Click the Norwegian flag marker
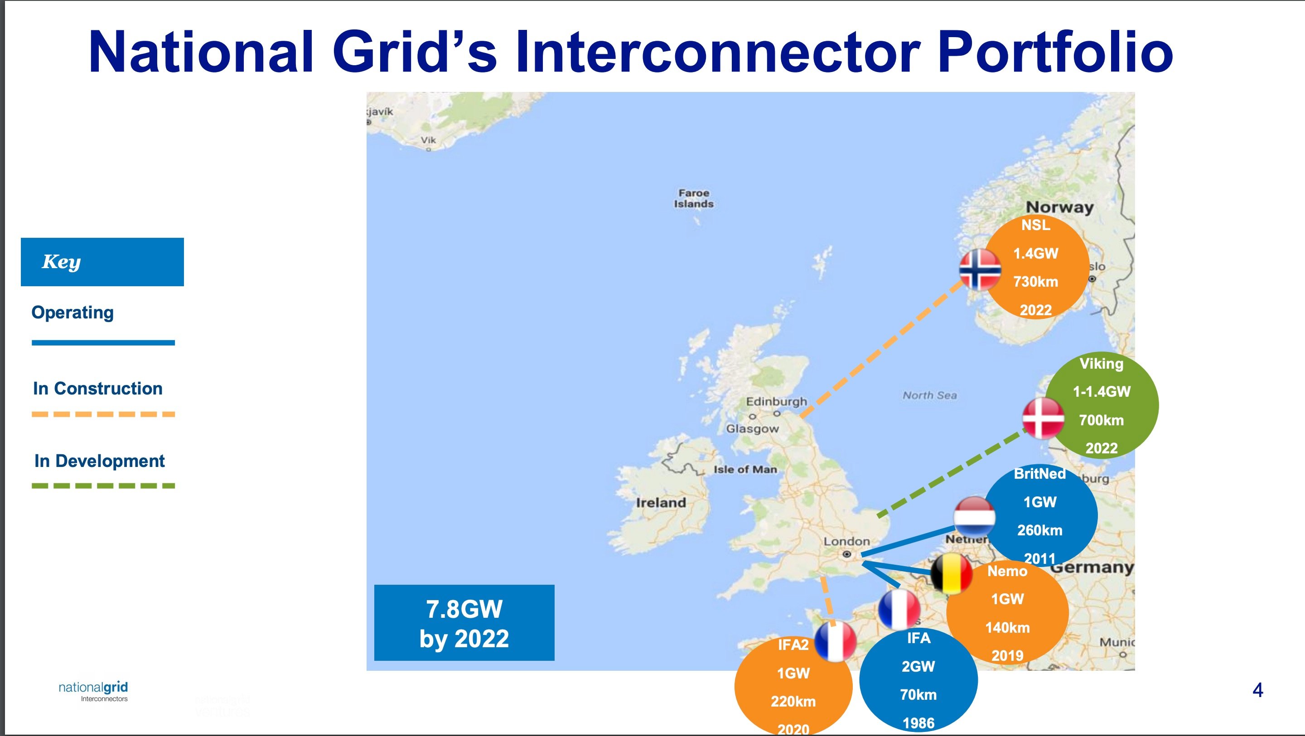[x=980, y=269]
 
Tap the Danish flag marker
[x=1043, y=419]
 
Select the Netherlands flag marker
[x=974, y=517]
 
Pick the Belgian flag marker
[x=952, y=573]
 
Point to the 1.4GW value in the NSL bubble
[x=1035, y=253]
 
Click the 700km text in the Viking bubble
[x=1102, y=420]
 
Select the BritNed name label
[x=1039, y=474]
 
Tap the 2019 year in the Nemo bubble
[x=1007, y=655]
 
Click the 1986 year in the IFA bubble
[x=918, y=723]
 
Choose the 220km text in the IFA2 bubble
[x=793, y=701]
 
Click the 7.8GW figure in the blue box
[x=464, y=609]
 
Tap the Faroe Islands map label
[x=694, y=198]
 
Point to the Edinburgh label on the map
[x=776, y=402]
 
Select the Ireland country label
[x=661, y=502]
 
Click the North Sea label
[x=930, y=395]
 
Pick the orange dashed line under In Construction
[x=103, y=414]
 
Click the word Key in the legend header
[x=61, y=262]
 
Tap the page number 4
[x=1257, y=690]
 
